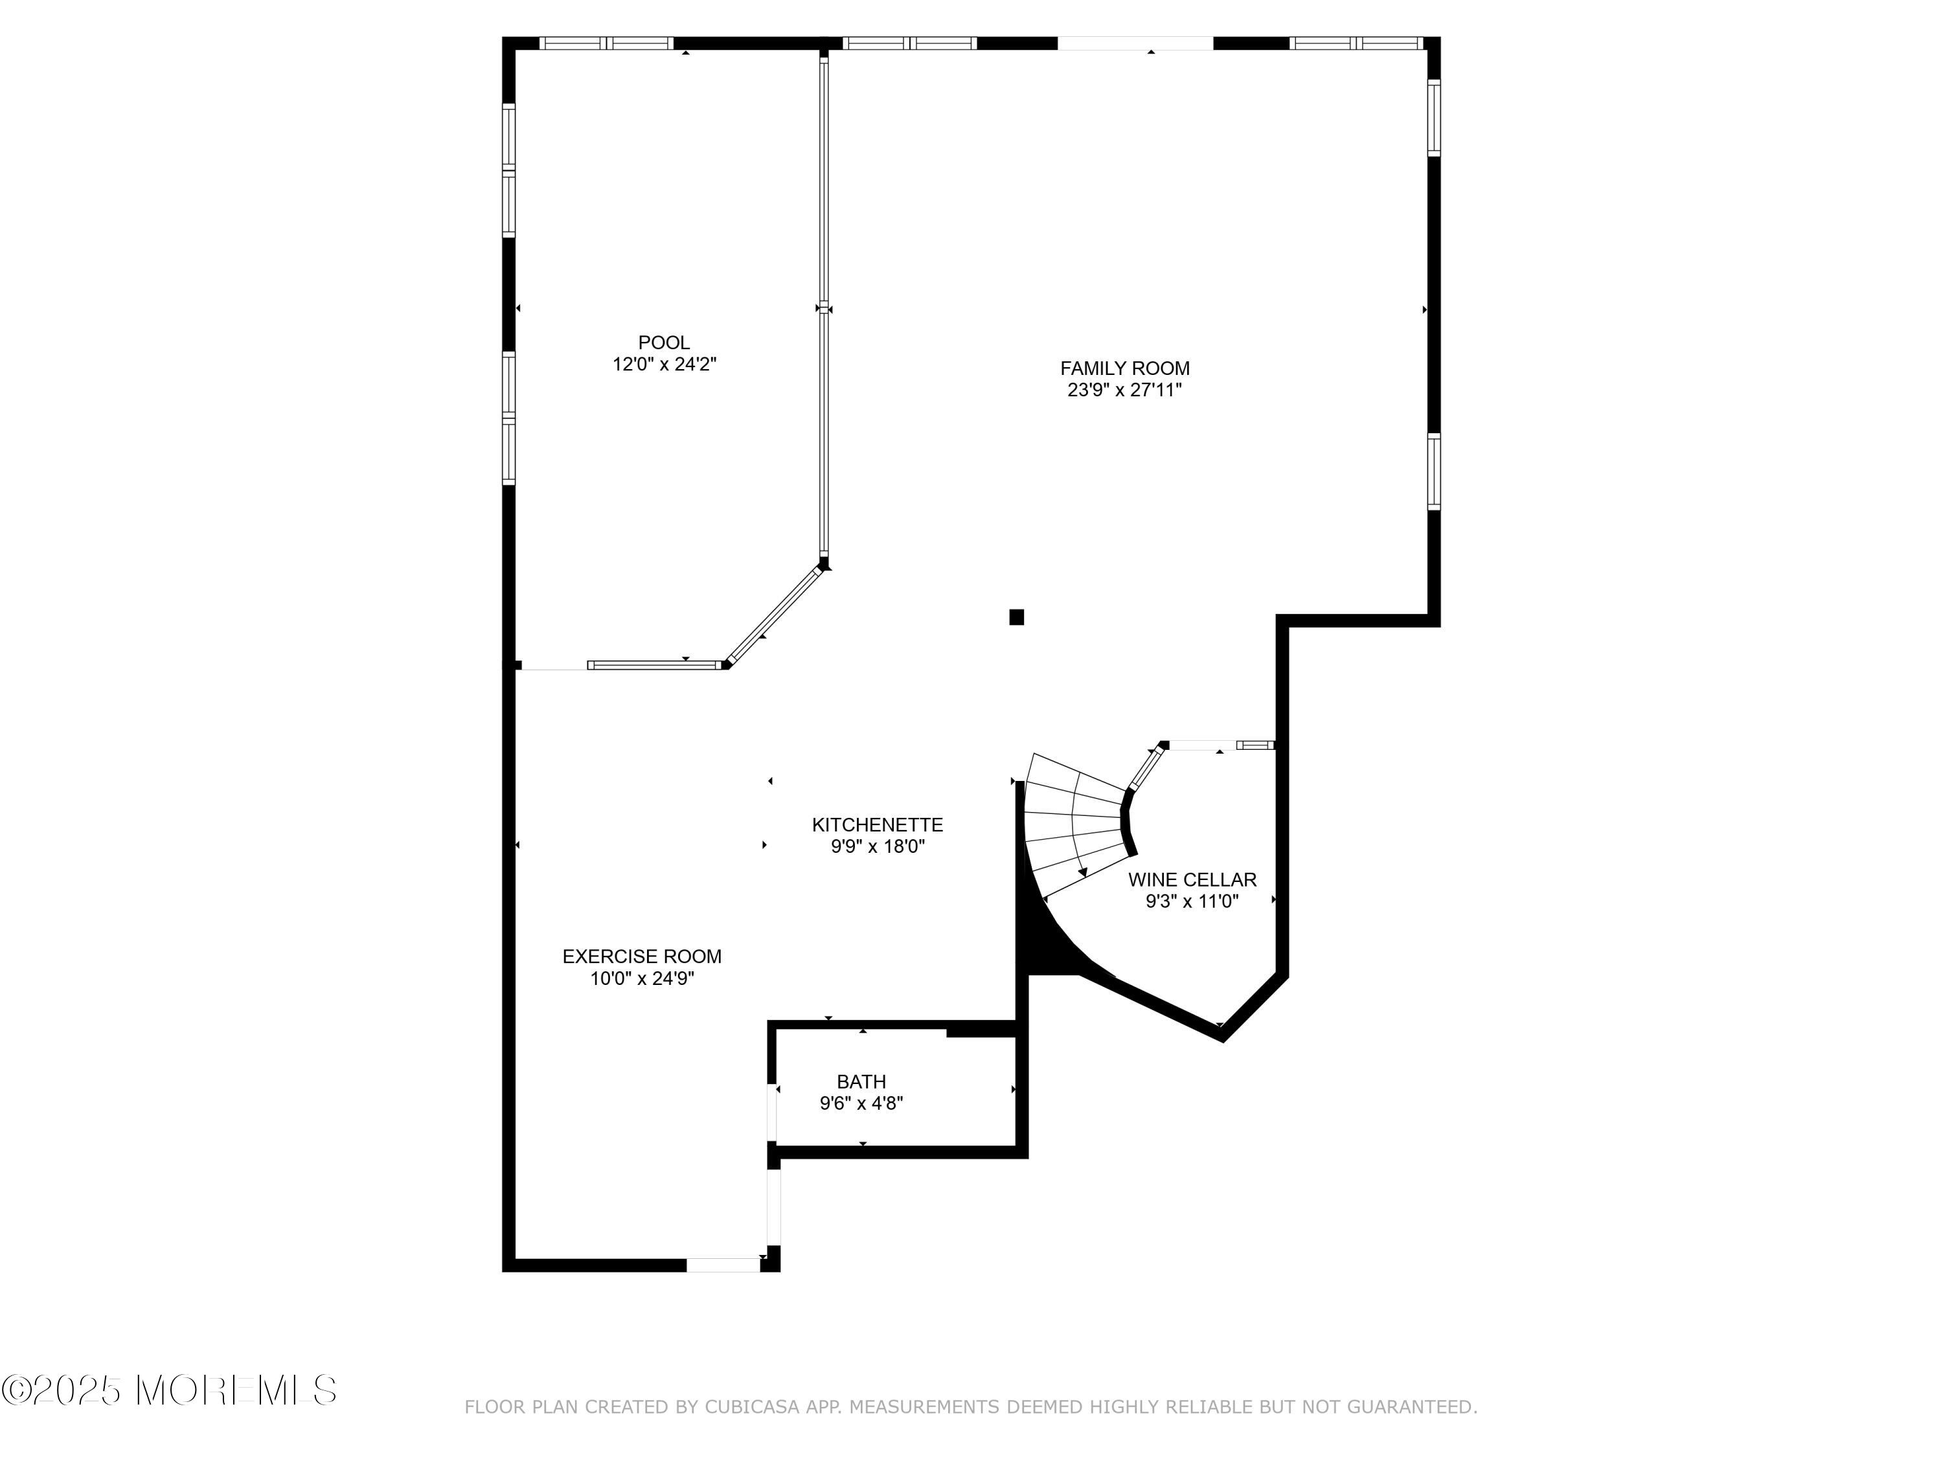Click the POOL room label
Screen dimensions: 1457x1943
pos(663,343)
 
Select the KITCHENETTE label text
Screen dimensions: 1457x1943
pos(877,825)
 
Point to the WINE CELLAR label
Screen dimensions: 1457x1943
pos(1192,879)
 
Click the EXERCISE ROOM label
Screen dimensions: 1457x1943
pos(641,956)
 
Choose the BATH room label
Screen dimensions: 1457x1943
pos(861,1082)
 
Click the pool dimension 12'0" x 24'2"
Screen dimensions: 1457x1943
pos(664,365)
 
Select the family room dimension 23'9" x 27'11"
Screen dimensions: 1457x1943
pos(1124,390)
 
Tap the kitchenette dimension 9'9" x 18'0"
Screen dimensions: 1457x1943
pos(878,846)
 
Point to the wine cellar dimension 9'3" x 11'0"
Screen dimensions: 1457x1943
pos(1192,901)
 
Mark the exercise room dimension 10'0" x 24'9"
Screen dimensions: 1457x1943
pos(641,978)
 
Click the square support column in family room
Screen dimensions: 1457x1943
pos(1016,616)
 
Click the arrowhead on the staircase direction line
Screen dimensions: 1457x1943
pos(1083,872)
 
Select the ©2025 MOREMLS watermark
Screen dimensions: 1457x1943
pos(168,1390)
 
